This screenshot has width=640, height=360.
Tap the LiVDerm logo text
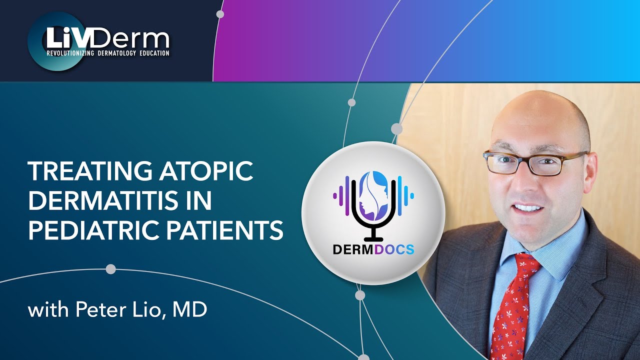click(x=108, y=38)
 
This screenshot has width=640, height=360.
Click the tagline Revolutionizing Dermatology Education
click(x=108, y=53)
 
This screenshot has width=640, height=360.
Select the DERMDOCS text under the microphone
click(x=373, y=248)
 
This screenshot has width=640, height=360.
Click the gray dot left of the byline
click(x=110, y=269)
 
